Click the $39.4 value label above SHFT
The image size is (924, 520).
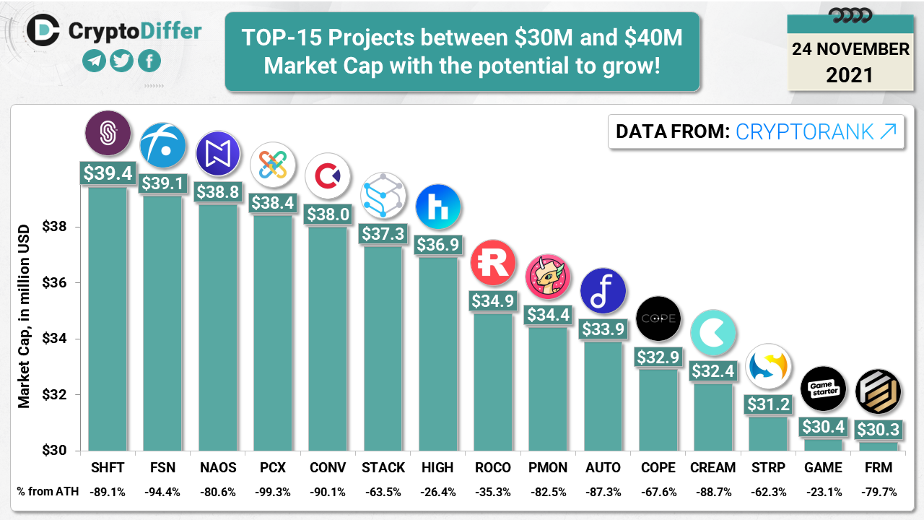click(108, 173)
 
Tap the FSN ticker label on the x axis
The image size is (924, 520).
click(162, 468)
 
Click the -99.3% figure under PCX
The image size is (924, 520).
click(273, 493)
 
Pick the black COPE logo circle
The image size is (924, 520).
click(658, 318)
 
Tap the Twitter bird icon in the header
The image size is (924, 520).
click(122, 61)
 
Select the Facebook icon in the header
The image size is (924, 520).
click(149, 61)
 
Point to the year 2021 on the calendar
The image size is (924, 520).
click(850, 74)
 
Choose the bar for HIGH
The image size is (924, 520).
click(438, 354)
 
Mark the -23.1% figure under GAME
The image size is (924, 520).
click(823, 493)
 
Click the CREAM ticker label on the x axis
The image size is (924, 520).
click(712, 468)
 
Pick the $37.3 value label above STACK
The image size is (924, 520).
click(383, 233)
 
